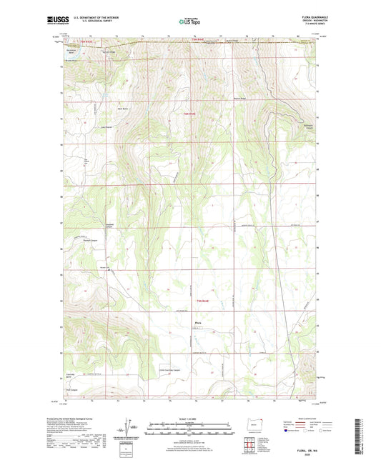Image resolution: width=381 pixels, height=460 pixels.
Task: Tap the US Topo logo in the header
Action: pyautogui.click(x=190, y=22)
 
